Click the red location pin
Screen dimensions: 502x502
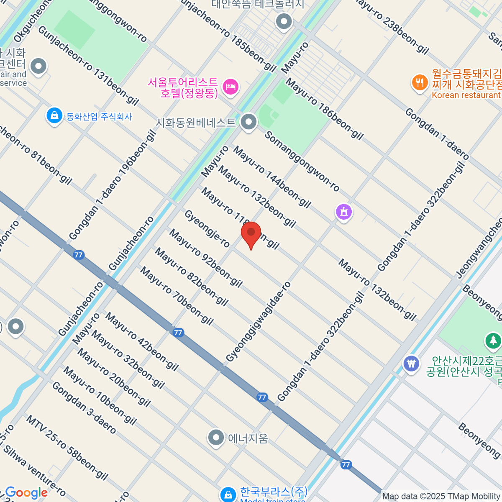[251, 233]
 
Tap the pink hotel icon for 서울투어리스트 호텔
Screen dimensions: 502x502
[231, 87]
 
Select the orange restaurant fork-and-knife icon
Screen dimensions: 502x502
[420, 82]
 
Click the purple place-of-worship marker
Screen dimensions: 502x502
[344, 212]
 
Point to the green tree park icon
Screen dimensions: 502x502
[493, 340]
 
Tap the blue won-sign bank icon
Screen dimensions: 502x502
[412, 363]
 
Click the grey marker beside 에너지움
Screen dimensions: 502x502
[216, 438]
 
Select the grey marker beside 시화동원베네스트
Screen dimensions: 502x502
[249, 123]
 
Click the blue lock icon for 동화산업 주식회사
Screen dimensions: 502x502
[54, 116]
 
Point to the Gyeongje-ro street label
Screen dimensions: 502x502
[207, 229]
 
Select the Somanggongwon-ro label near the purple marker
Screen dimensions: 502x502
[302, 161]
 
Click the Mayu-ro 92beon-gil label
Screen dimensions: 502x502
[206, 258]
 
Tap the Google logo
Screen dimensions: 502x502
[26, 493]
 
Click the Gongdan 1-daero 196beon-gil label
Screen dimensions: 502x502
[113, 185]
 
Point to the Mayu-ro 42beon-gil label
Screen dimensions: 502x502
[142, 341]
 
